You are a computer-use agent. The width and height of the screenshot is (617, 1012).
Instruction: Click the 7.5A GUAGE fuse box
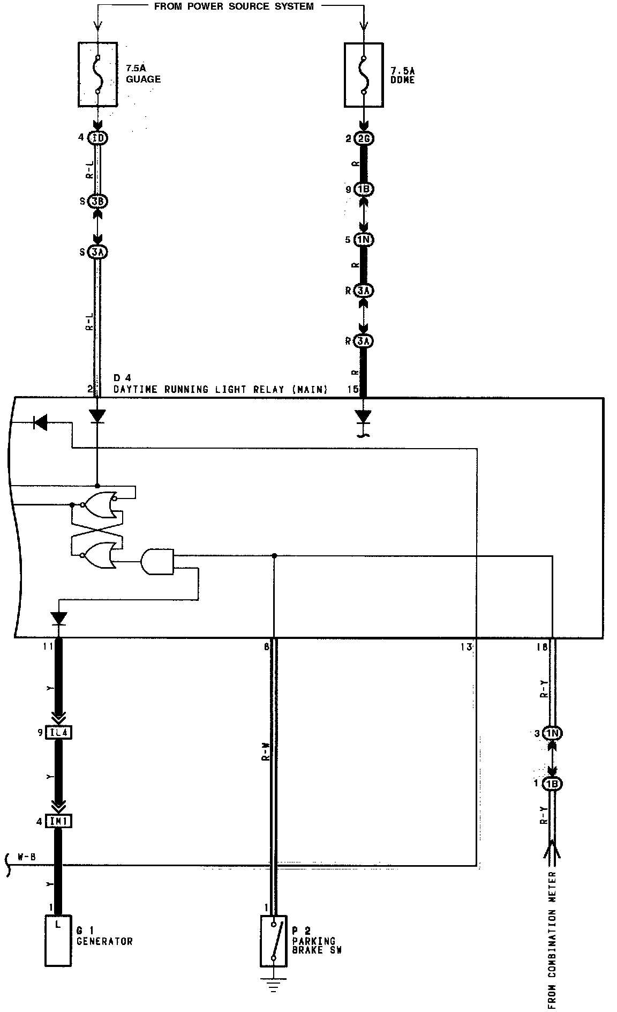98,74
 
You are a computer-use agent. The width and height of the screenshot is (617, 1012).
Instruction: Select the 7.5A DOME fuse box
363,74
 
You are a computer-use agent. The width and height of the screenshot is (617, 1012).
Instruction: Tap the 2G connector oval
366,139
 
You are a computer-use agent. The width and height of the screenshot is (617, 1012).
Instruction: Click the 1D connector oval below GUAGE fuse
99,138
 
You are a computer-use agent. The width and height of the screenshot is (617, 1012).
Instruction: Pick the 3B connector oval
99,202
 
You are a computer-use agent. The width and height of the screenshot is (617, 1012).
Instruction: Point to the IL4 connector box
58,732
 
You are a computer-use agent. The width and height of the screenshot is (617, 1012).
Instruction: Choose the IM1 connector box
58,821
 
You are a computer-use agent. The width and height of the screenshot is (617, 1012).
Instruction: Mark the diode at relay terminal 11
59,619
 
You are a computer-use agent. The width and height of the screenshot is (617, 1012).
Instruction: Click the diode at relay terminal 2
97,415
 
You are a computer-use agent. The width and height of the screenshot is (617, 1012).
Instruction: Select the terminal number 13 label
465,648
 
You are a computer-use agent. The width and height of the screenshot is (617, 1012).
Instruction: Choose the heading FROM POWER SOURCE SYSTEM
234,6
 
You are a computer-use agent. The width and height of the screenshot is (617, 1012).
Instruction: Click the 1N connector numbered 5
364,240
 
